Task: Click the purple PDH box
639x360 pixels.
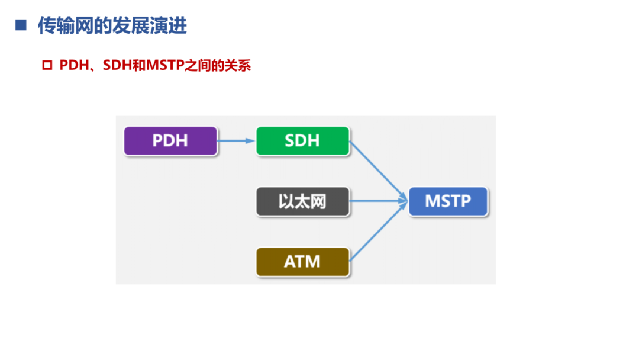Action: (170, 141)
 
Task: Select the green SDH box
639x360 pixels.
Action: (302, 141)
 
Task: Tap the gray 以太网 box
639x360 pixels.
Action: (302, 201)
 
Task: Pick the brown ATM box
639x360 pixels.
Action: (302, 262)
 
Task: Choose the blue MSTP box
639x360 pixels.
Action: (448, 201)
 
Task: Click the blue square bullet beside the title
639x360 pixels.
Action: (21, 25)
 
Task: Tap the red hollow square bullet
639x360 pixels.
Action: (47, 65)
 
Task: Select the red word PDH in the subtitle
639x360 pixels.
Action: (73, 65)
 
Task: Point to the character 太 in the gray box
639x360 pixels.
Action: (302, 201)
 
